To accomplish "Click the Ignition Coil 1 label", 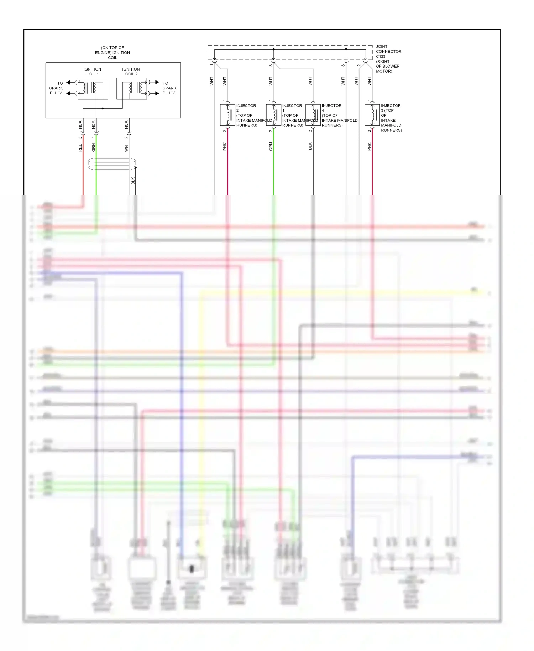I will coord(92,72).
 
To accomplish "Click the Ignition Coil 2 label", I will coord(131,72).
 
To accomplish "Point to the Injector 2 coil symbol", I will coord(227,115).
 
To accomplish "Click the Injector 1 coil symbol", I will coord(273,115).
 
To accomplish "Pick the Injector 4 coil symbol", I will coord(313,115).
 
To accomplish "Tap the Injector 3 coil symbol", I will coord(372,115).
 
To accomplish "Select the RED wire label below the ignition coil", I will coord(80,147).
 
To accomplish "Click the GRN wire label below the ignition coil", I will coord(93,147).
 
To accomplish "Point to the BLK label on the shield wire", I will coord(133,181).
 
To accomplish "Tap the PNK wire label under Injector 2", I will coord(225,146).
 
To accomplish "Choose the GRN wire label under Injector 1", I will coord(271,146).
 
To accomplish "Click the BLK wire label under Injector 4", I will coord(310,146).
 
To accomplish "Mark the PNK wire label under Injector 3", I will coord(369,146).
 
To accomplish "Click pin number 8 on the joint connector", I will coord(343,66).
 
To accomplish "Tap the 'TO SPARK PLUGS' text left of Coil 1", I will coord(56,88).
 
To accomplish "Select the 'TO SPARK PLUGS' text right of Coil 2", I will coord(169,88).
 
